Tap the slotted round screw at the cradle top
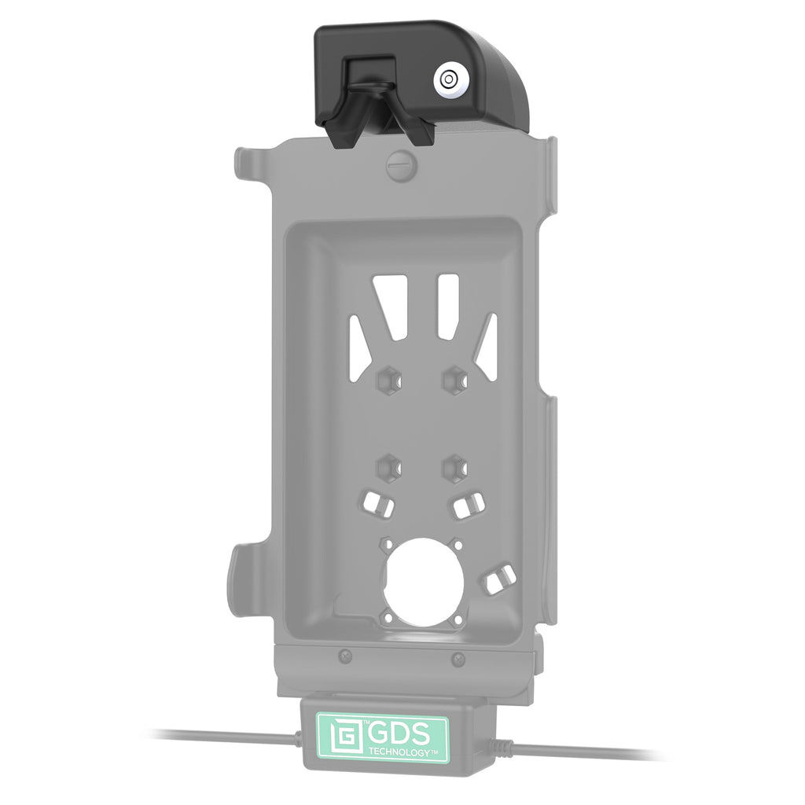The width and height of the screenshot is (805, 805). coord(402,166)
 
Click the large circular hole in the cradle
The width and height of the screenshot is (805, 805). coord(424,583)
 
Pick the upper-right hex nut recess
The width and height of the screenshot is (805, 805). coord(455,380)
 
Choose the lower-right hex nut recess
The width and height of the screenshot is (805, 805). coord(455,468)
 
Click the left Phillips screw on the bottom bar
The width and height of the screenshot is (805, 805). coord(347,655)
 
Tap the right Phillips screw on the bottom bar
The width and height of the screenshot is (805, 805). coord(458,660)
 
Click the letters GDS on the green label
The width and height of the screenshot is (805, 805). coord(399,734)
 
